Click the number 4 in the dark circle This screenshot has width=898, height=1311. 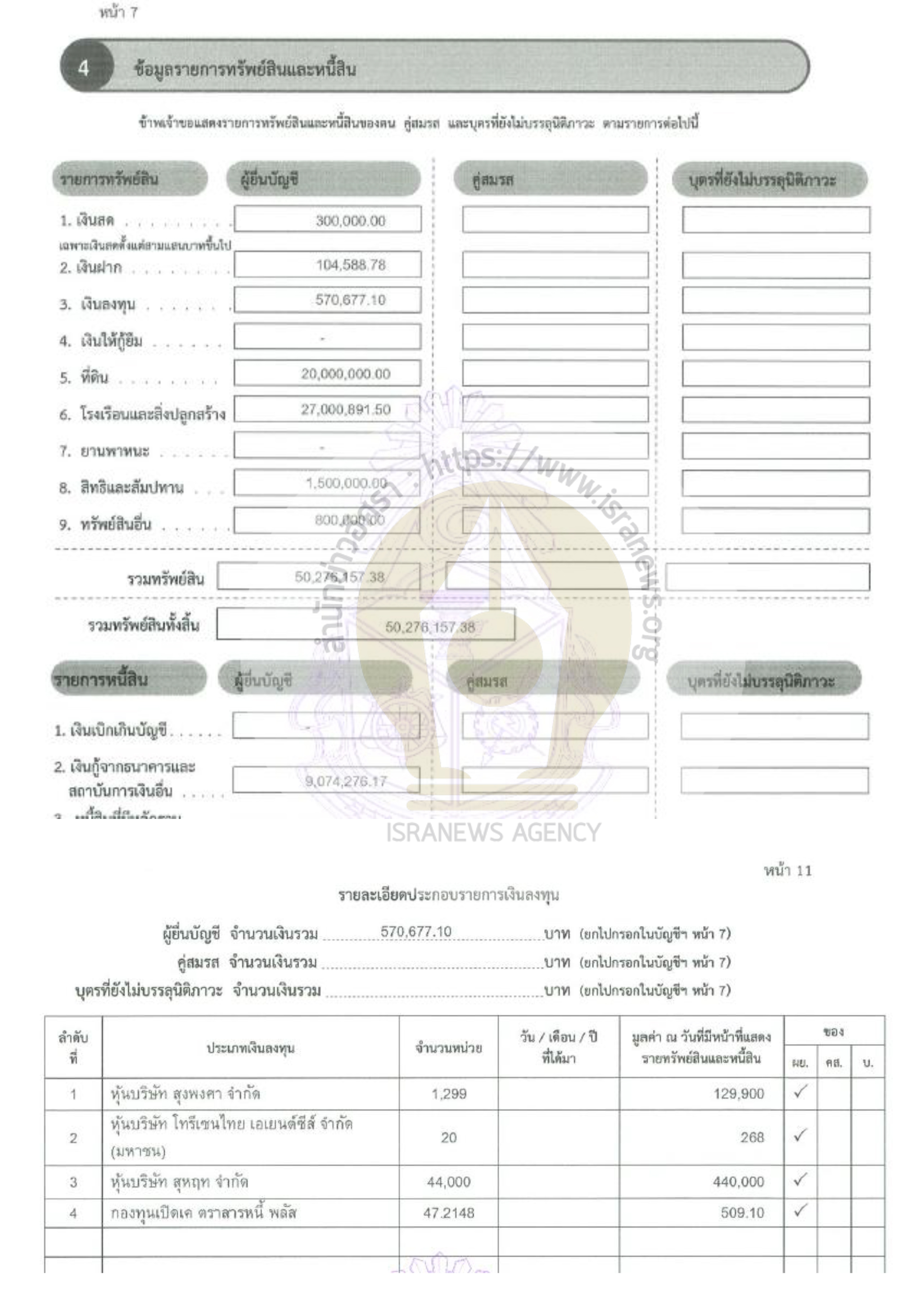coord(83,68)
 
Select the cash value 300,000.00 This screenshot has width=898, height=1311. coord(350,221)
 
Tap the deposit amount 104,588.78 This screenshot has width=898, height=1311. coord(350,265)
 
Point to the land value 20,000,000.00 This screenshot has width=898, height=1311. coord(345,374)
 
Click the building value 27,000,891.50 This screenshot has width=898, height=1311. coord(345,410)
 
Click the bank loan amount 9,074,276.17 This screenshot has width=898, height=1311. coord(346,781)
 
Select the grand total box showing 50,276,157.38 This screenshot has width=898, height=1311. coord(429,627)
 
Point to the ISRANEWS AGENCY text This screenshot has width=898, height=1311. coord(493,832)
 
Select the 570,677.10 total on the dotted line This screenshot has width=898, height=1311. coord(416,931)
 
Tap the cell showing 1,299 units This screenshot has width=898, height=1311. coord(448,1094)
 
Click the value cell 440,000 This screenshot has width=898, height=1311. coord(738,1181)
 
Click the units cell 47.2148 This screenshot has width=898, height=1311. coord(448,1213)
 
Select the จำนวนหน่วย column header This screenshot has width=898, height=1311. coord(448,1048)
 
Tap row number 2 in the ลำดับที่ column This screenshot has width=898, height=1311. coord(73,1138)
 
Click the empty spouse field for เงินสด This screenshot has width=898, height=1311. coord(555,220)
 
